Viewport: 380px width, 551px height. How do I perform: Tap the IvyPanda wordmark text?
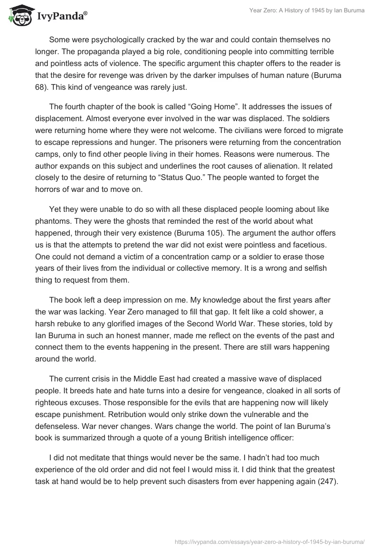coord(61,17)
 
